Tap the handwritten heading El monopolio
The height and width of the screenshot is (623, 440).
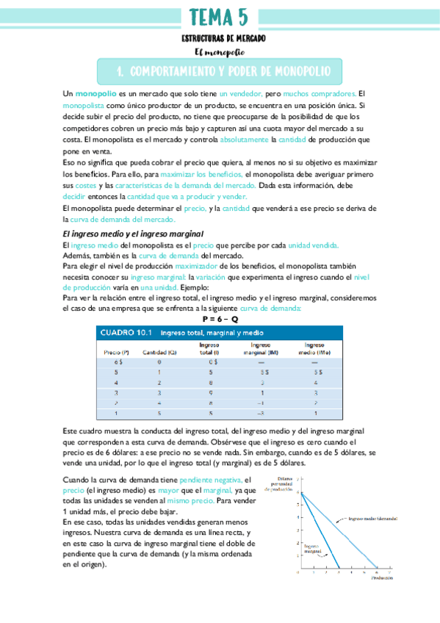pos(220,52)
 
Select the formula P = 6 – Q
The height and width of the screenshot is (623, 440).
pos(220,320)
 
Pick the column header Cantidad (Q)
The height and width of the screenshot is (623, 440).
pos(159,352)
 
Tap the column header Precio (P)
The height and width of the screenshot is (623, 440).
pos(118,352)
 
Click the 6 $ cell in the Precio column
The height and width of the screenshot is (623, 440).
pos(118,362)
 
